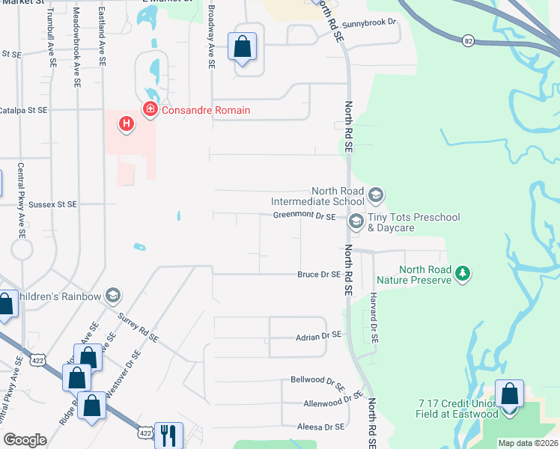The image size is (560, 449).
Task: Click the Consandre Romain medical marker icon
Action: pyautogui.click(x=150, y=110)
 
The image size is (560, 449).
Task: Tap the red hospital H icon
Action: pyautogui.click(x=127, y=123)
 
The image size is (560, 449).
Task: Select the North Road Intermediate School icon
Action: pyautogui.click(x=376, y=196)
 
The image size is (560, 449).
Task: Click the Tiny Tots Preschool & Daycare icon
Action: pyautogui.click(x=356, y=221)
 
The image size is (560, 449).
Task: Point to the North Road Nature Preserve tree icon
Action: pyautogui.click(x=463, y=274)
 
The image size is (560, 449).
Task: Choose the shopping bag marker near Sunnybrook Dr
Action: pyautogui.click(x=243, y=47)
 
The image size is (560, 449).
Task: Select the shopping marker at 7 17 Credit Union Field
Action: pyautogui.click(x=509, y=394)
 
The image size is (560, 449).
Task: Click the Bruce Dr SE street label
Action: pyautogui.click(x=319, y=275)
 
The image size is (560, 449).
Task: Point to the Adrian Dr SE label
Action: pyautogui.click(x=318, y=335)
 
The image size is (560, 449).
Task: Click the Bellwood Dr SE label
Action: pyautogui.click(x=317, y=382)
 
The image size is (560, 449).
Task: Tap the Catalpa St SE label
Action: pyautogui.click(x=23, y=110)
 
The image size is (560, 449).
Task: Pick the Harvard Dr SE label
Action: pyautogui.click(x=374, y=318)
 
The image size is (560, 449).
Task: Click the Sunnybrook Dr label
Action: pyautogui.click(x=368, y=23)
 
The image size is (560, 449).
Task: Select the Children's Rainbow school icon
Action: pyautogui.click(x=113, y=296)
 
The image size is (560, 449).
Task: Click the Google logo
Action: pyautogui.click(x=25, y=440)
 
